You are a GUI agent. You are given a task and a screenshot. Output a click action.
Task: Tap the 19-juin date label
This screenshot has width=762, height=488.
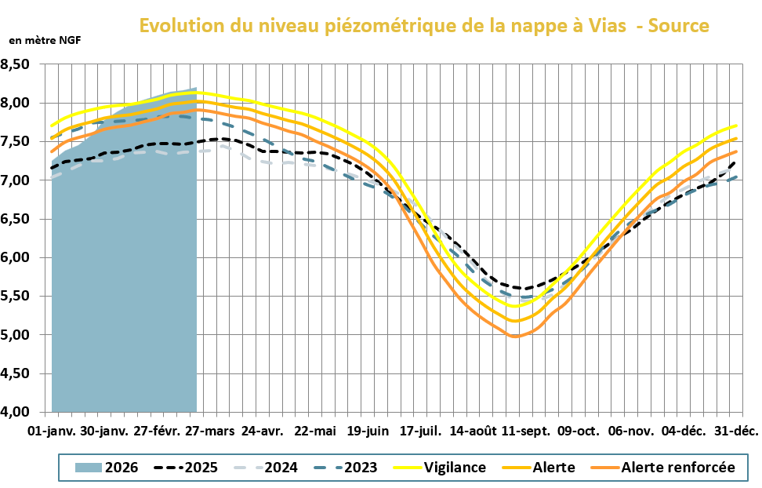pyautogui.click(x=368, y=432)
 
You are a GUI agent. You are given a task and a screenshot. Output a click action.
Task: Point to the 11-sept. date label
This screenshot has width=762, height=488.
pyautogui.click(x=527, y=432)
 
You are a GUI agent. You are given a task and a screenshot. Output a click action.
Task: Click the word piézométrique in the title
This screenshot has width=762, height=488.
pyautogui.click(x=388, y=26)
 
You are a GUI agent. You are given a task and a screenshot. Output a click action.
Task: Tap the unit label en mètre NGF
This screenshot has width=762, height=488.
pyautogui.click(x=45, y=39)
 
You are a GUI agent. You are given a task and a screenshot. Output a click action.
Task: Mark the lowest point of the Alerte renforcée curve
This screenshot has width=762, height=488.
pyautogui.click(x=515, y=337)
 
